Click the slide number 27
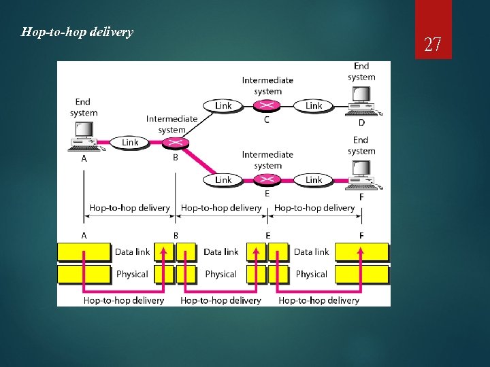pyautogui.click(x=433, y=45)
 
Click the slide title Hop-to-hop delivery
pyautogui.click(x=77, y=32)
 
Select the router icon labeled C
pyautogui.click(x=267, y=105)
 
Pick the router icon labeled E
pyautogui.click(x=267, y=179)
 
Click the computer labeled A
pyautogui.click(x=85, y=135)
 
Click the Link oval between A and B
pyautogui.click(x=130, y=142)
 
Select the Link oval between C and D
pyautogui.click(x=314, y=105)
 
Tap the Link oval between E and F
pyautogui.click(x=314, y=179)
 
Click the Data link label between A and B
pyautogui.click(x=132, y=251)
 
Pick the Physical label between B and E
pyautogui.click(x=220, y=274)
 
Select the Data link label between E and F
pyautogui.click(x=311, y=251)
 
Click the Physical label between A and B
pyautogui.click(x=132, y=274)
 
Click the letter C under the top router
pyautogui.click(x=267, y=120)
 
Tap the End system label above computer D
pyautogui.click(x=361, y=71)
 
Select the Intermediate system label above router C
pyautogui.click(x=267, y=85)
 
